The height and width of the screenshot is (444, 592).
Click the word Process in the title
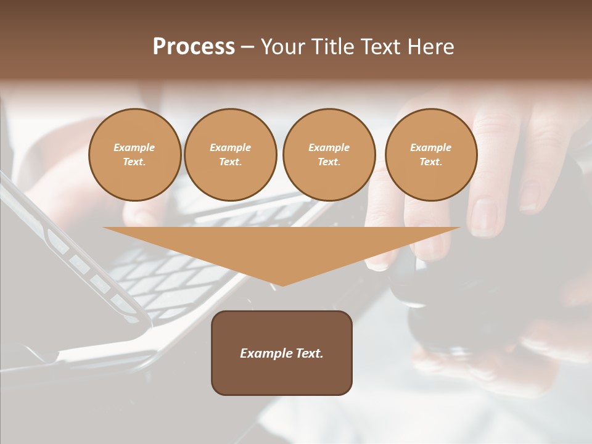[194, 47]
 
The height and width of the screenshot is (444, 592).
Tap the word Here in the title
[429, 47]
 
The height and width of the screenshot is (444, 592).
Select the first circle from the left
[134, 155]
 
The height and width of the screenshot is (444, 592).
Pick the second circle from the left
[231, 155]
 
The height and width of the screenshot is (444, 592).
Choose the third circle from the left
[329, 155]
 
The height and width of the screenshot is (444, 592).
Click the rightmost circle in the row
[431, 155]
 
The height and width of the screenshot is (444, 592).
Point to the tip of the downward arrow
[282, 285]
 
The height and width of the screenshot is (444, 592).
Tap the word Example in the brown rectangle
[264, 353]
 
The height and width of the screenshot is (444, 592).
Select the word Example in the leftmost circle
[134, 147]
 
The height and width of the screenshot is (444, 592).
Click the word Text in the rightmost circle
[430, 162]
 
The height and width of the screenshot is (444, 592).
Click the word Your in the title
[284, 47]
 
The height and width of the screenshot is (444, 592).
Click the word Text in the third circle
[329, 162]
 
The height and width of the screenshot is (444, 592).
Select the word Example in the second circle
[231, 147]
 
